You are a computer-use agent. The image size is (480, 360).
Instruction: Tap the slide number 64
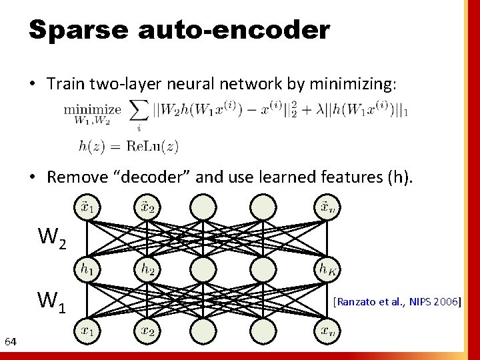[x=10, y=342]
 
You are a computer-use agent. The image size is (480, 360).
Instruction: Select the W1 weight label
[x=52, y=301]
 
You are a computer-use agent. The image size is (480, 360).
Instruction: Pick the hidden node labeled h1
[x=87, y=269]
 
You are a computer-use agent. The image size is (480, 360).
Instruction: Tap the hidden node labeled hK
[x=326, y=269]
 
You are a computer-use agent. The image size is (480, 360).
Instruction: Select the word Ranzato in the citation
[x=358, y=302]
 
